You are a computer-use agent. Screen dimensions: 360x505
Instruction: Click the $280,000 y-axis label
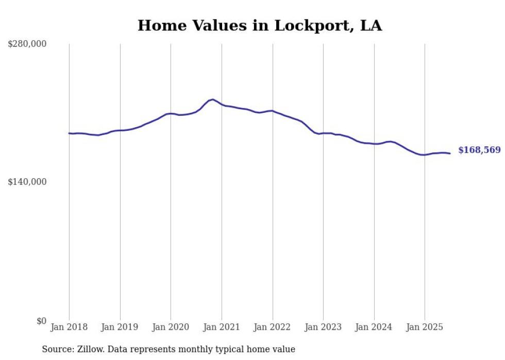coord(27,44)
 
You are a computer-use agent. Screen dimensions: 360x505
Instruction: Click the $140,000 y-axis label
coord(27,182)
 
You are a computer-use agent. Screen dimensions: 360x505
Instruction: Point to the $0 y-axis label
coord(41,321)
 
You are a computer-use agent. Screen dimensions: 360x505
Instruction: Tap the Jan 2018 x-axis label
coord(69,327)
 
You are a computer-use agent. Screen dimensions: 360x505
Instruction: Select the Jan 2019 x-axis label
coord(120,327)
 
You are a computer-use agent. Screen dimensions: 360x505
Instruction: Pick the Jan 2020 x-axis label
coord(171,327)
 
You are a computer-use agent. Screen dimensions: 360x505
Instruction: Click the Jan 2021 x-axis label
coord(222,327)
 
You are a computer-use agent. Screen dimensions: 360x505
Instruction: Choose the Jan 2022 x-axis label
coord(273,327)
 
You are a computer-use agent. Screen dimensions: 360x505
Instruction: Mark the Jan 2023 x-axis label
coord(323,327)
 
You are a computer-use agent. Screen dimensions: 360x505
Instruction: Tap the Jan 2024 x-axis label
coord(374,327)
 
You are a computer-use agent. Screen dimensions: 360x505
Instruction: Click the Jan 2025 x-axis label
coord(425,327)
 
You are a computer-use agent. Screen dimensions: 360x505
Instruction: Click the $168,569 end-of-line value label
coord(479,150)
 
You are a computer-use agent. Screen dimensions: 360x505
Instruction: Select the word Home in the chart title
coord(159,26)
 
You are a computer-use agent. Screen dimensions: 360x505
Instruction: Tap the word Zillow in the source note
coord(90,349)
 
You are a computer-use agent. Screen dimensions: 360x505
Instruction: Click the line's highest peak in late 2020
coord(213,99)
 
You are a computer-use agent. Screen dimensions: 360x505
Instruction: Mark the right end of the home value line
coord(450,153)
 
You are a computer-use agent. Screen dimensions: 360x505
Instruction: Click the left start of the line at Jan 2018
coord(69,133)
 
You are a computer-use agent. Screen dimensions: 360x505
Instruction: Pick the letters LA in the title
coord(371,26)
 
